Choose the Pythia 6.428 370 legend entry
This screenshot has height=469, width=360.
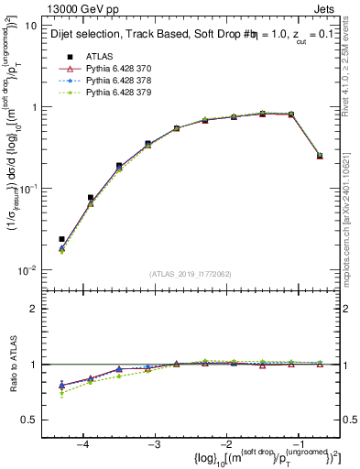point(116,68)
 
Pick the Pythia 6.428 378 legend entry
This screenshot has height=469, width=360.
point(116,80)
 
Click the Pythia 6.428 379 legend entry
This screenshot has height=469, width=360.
point(116,92)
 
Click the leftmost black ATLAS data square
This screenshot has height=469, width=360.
point(61,239)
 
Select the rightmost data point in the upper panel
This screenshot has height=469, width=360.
point(320,156)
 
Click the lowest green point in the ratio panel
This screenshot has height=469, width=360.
point(61,394)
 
